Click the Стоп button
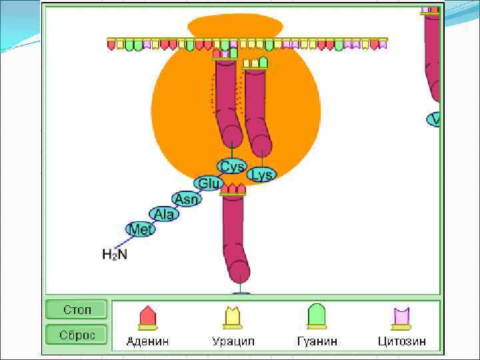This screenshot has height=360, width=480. [76, 309]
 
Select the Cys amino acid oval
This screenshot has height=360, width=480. [232, 166]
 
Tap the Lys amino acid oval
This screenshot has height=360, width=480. [261, 175]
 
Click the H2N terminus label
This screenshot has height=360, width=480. [114, 254]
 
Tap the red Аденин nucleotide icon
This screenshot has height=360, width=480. [147, 317]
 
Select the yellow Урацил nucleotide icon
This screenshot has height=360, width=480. [233, 317]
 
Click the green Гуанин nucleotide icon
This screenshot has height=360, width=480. [317, 317]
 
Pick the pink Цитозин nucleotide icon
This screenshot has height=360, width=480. [401, 317]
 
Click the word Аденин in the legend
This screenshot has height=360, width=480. [147, 341]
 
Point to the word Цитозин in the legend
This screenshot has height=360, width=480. [401, 341]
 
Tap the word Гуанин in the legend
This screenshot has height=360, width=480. [317, 341]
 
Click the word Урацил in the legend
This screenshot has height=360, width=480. [233, 341]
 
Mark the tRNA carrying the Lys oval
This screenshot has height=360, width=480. [255, 107]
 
